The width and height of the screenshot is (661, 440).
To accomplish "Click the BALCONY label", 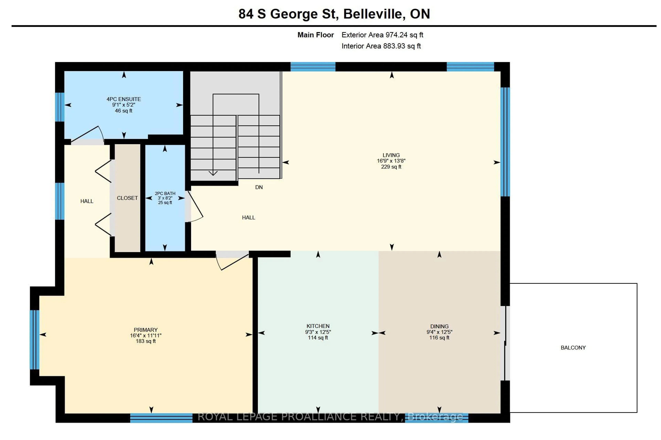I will click(573, 347).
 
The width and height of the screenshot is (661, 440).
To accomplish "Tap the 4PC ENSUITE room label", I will click(123, 99).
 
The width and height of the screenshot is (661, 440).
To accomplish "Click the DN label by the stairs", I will click(259, 187).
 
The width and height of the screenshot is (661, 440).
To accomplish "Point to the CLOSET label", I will click(127, 198).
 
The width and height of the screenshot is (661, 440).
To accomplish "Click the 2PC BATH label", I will click(165, 193).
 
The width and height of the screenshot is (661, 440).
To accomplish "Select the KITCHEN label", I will click(318, 326).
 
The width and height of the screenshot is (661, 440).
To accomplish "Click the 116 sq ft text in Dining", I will click(439, 338).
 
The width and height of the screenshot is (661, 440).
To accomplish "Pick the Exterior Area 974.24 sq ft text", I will click(382, 35).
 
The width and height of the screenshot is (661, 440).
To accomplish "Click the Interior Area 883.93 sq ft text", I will click(381, 46).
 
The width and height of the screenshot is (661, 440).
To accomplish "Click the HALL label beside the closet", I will click(87, 201).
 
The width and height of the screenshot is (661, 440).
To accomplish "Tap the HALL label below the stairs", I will click(248, 217).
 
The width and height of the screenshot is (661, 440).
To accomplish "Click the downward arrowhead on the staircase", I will click(213, 173).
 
